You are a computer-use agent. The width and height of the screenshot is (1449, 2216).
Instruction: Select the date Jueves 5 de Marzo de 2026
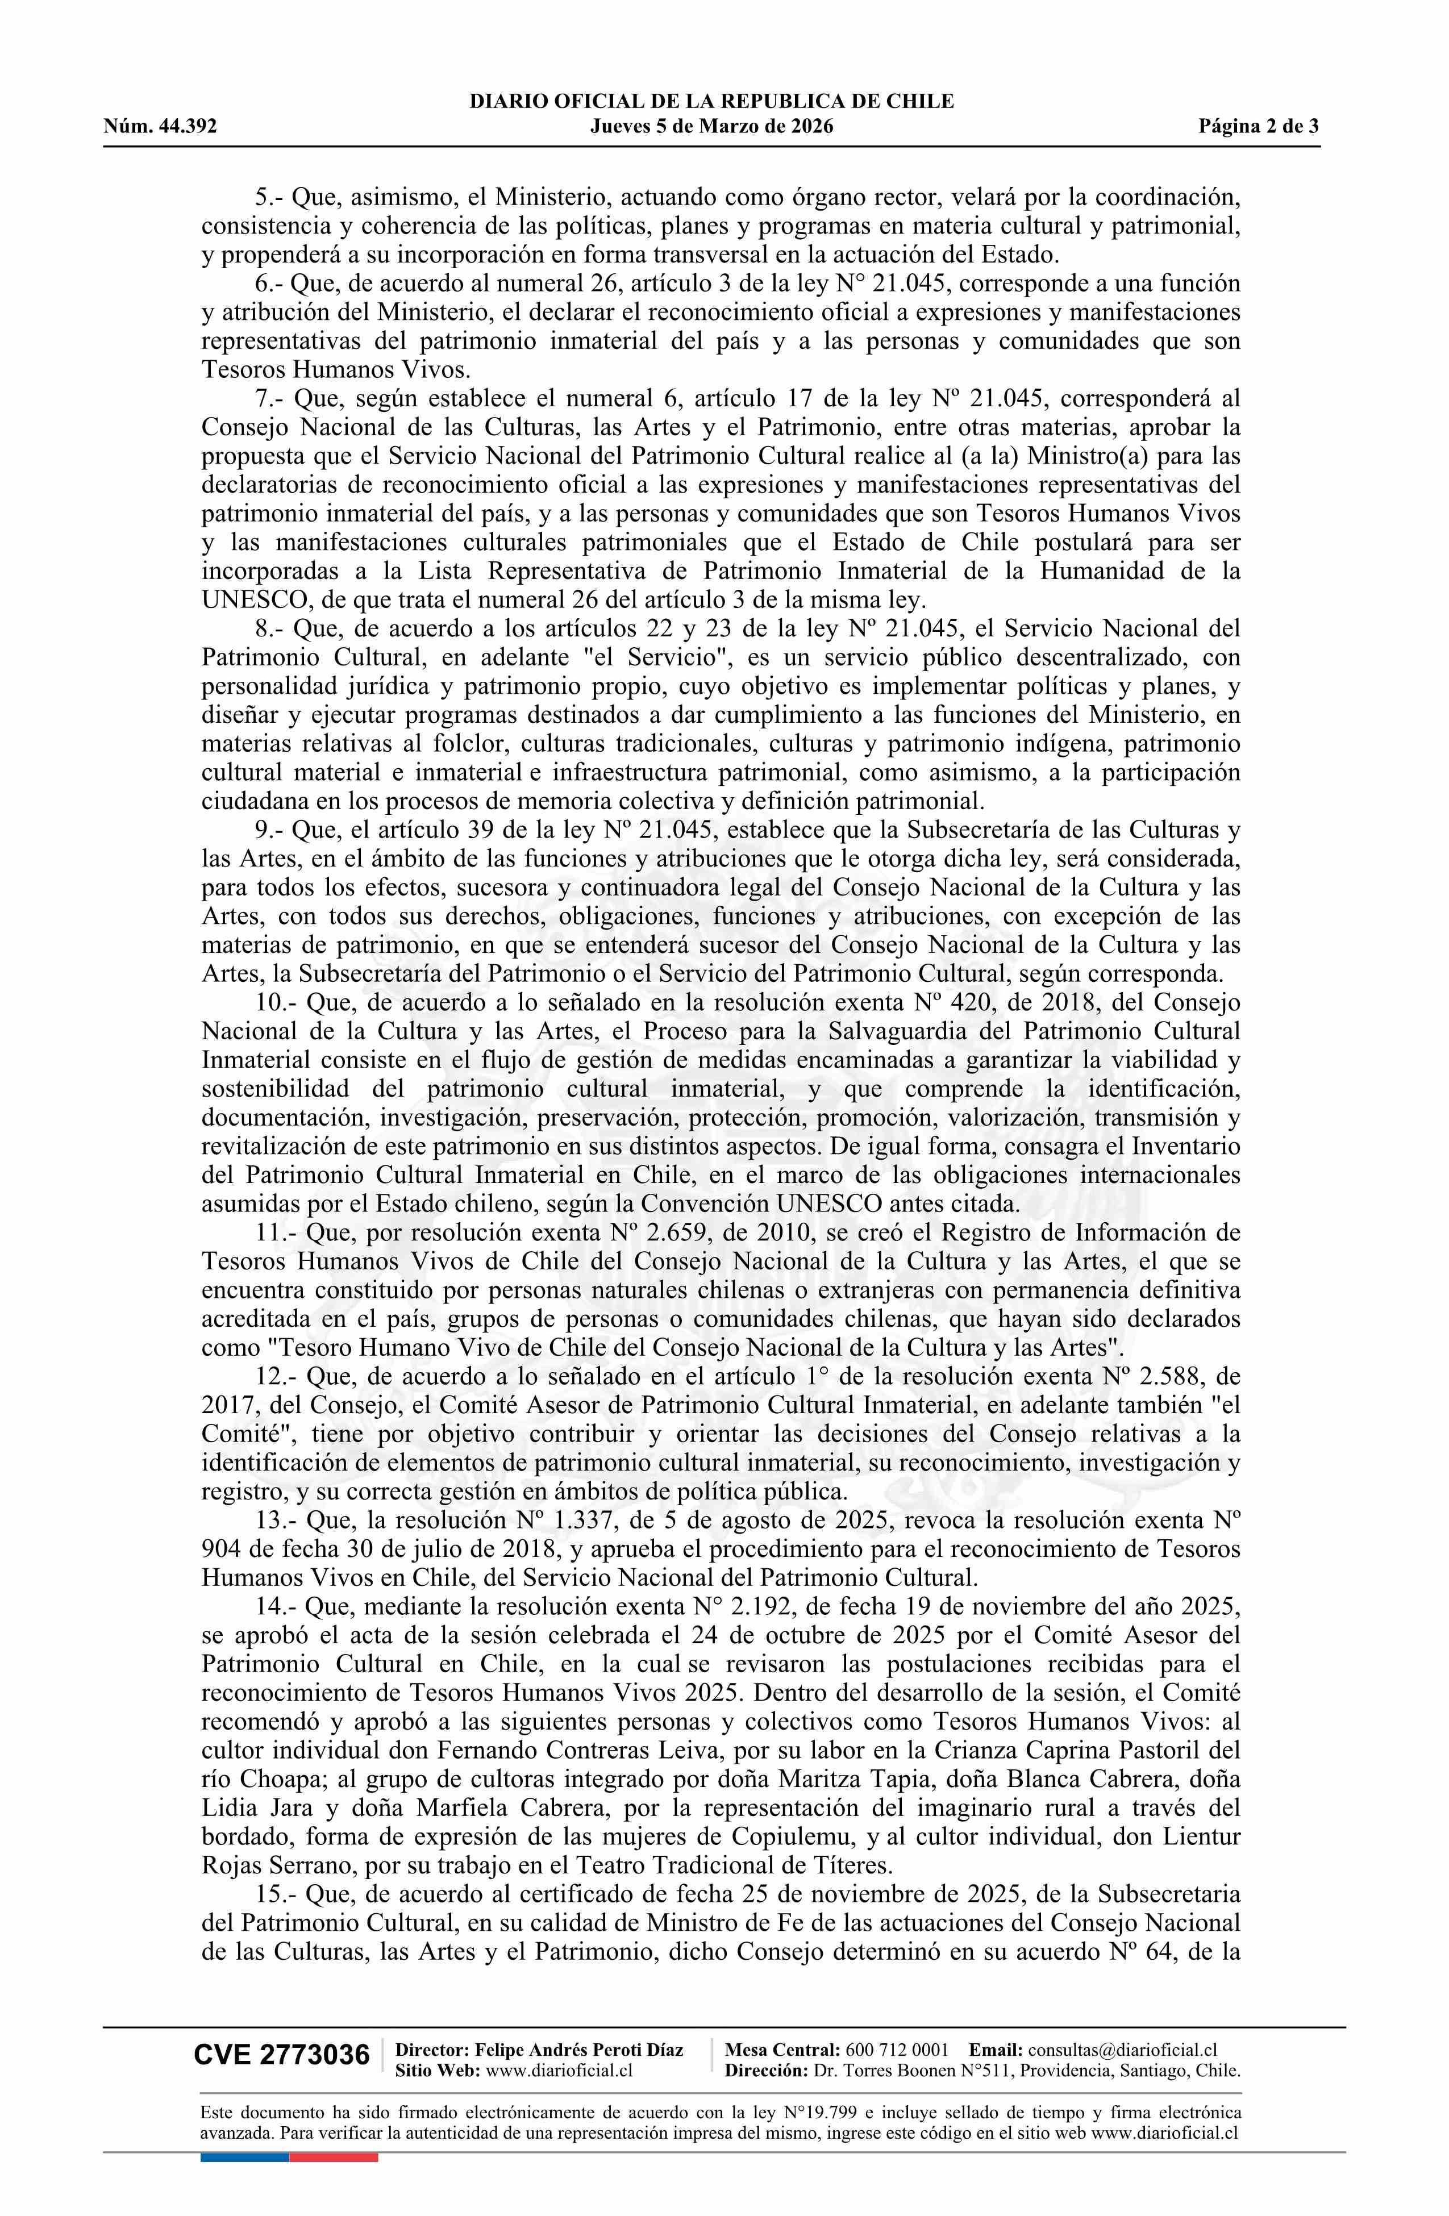click(x=711, y=127)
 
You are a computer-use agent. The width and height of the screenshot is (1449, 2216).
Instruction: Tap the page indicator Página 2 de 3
click(x=1259, y=127)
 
